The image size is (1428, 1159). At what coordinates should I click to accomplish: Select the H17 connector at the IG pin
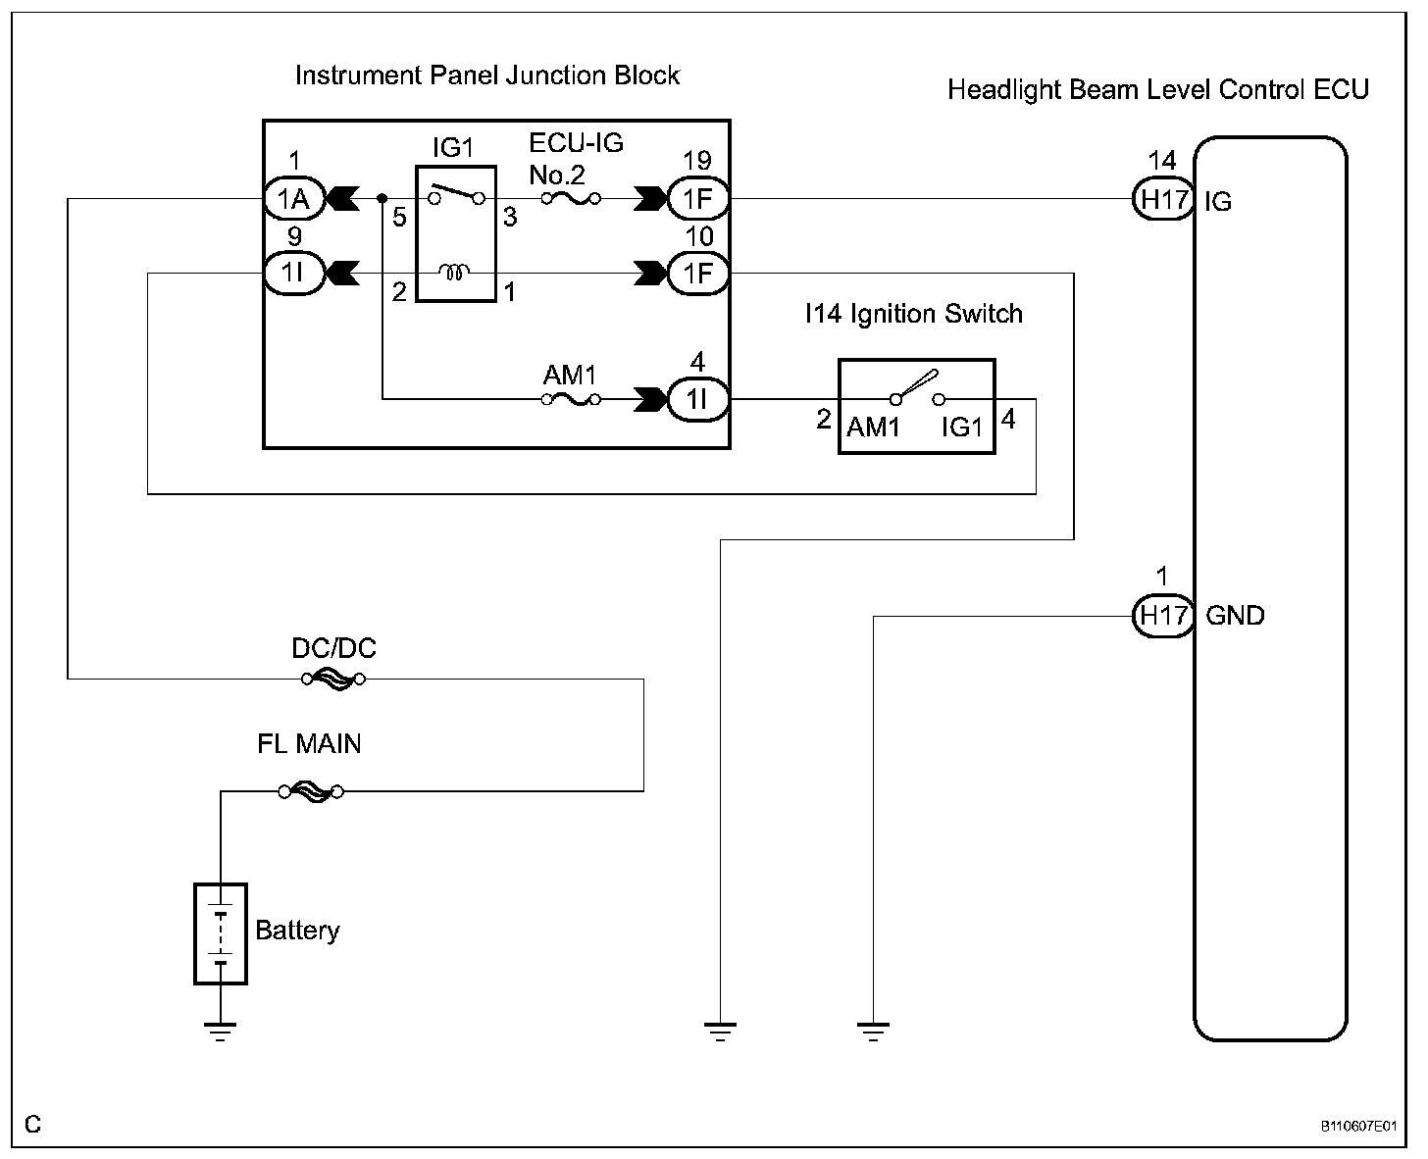[1163, 199]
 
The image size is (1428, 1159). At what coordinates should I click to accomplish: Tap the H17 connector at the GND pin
[1163, 616]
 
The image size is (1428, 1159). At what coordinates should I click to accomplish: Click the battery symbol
[221, 932]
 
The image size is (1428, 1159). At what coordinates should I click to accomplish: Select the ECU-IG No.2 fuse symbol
[571, 199]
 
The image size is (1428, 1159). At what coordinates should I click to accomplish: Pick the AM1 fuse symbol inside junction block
[571, 399]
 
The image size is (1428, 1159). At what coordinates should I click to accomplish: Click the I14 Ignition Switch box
[917, 406]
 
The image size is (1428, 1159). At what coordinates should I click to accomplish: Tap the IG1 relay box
[454, 233]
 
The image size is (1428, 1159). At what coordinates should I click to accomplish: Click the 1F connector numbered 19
[697, 199]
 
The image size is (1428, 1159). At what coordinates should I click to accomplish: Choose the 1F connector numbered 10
[697, 274]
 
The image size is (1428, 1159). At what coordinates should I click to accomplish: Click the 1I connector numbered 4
[697, 399]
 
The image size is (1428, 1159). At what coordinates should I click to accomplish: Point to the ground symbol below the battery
[221, 1031]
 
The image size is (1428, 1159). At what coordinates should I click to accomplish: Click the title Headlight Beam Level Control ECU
[1158, 90]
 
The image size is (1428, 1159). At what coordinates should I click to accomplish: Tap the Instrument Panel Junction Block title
[487, 76]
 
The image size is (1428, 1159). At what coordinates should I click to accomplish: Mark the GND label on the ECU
[1235, 616]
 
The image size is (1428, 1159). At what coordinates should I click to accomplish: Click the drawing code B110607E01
[1357, 1127]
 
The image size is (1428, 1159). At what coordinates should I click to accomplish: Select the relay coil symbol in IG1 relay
[455, 272]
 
